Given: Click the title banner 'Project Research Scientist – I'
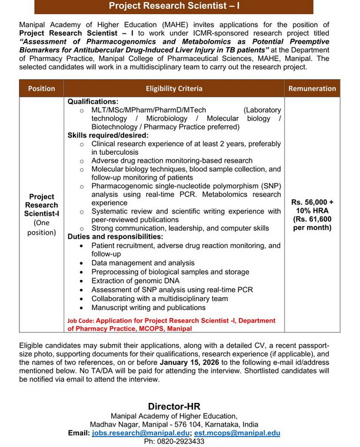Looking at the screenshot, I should point(174,6).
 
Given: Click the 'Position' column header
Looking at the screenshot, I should point(41,88).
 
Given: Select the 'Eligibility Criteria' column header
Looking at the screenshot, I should point(174,88).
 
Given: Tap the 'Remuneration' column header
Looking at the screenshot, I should point(312,88).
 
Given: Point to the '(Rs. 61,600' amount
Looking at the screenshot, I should point(312,219).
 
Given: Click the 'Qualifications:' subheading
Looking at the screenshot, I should point(93,101).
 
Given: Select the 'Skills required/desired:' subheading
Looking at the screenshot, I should point(108,135).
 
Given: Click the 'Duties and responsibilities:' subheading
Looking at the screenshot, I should point(115,236).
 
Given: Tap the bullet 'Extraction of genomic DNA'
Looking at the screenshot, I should point(139,281).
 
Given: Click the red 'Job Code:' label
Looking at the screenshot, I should point(81,321).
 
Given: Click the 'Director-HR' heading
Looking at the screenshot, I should point(174,406).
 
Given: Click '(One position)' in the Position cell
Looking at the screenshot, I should point(41,228).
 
